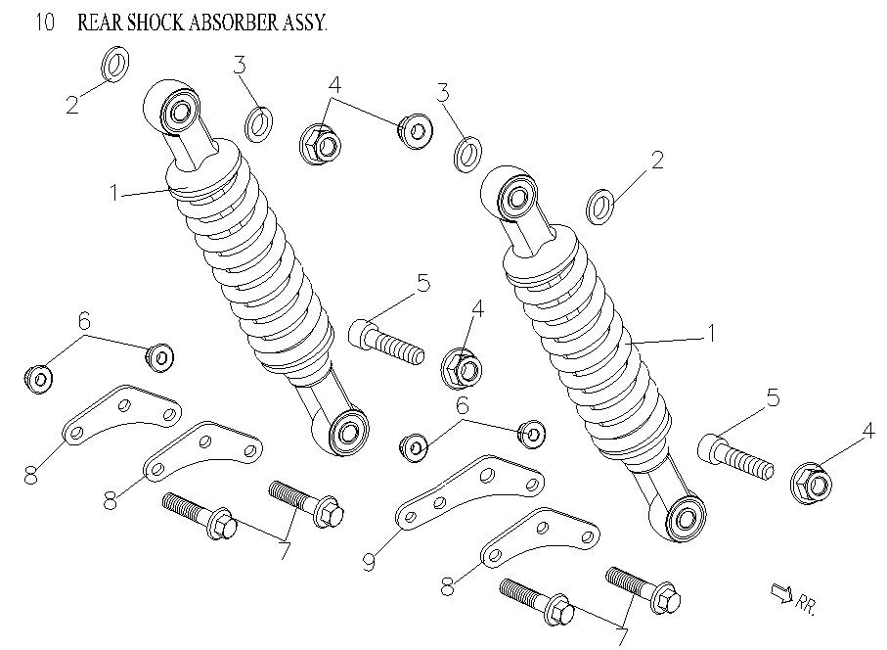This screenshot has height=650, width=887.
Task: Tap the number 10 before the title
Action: tap(44, 23)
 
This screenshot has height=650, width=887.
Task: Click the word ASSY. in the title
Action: tap(303, 23)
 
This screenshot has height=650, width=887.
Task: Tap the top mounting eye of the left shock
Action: tap(180, 112)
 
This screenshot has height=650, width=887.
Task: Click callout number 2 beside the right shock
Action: tap(657, 160)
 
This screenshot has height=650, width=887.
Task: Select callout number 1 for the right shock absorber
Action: tap(712, 333)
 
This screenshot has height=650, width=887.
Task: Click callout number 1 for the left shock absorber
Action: tap(115, 193)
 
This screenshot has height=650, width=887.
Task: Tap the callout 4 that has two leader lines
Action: tap(334, 85)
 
